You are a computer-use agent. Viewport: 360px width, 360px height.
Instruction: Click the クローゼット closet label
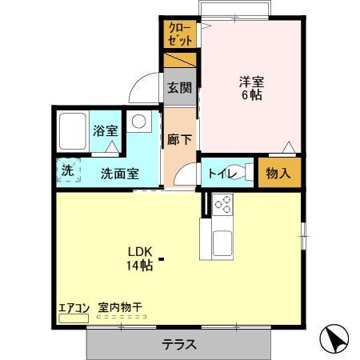pos(180,34)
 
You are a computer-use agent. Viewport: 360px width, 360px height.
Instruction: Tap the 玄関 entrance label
pos(180,88)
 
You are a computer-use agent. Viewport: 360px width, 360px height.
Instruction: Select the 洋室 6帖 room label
pos(251,87)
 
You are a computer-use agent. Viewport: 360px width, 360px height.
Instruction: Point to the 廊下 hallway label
pos(180,137)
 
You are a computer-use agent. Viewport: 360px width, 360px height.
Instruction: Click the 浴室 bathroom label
pos(104,131)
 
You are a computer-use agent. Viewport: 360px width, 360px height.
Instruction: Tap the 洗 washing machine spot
pos(68,170)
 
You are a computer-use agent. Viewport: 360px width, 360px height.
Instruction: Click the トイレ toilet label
pos(221,171)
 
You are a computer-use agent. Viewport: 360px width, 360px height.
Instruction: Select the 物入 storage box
pos(276,172)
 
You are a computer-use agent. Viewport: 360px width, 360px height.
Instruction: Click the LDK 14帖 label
pos(138,258)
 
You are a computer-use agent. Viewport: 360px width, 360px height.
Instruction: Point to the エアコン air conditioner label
pos(74,307)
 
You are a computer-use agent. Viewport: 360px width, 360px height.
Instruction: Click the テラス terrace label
pos(180,345)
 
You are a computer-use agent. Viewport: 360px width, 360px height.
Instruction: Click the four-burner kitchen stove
pos(222,205)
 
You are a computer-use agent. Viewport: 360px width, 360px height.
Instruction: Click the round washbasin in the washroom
pos(140,122)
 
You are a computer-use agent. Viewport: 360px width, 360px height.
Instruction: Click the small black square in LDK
pos(162,258)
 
